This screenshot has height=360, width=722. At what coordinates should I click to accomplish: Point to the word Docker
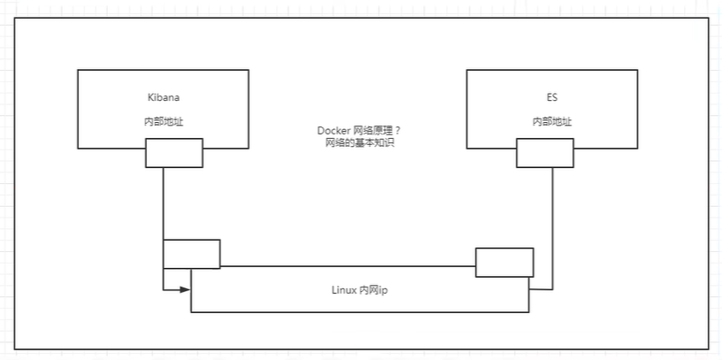(334, 130)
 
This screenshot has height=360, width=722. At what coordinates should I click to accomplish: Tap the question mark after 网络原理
(399, 130)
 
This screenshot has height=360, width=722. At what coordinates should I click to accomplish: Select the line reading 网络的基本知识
(359, 142)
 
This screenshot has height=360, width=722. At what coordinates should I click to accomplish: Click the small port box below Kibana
(174, 153)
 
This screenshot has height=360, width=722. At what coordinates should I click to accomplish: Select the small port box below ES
(546, 153)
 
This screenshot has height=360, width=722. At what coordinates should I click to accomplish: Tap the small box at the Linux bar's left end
(191, 253)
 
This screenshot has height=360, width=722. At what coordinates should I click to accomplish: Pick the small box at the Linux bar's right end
(504, 263)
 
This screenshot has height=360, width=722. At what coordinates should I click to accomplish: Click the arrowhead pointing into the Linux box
(185, 289)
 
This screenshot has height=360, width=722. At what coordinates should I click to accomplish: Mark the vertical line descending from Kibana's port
(164, 203)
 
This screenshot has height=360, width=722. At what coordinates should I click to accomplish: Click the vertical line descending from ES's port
(555, 221)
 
